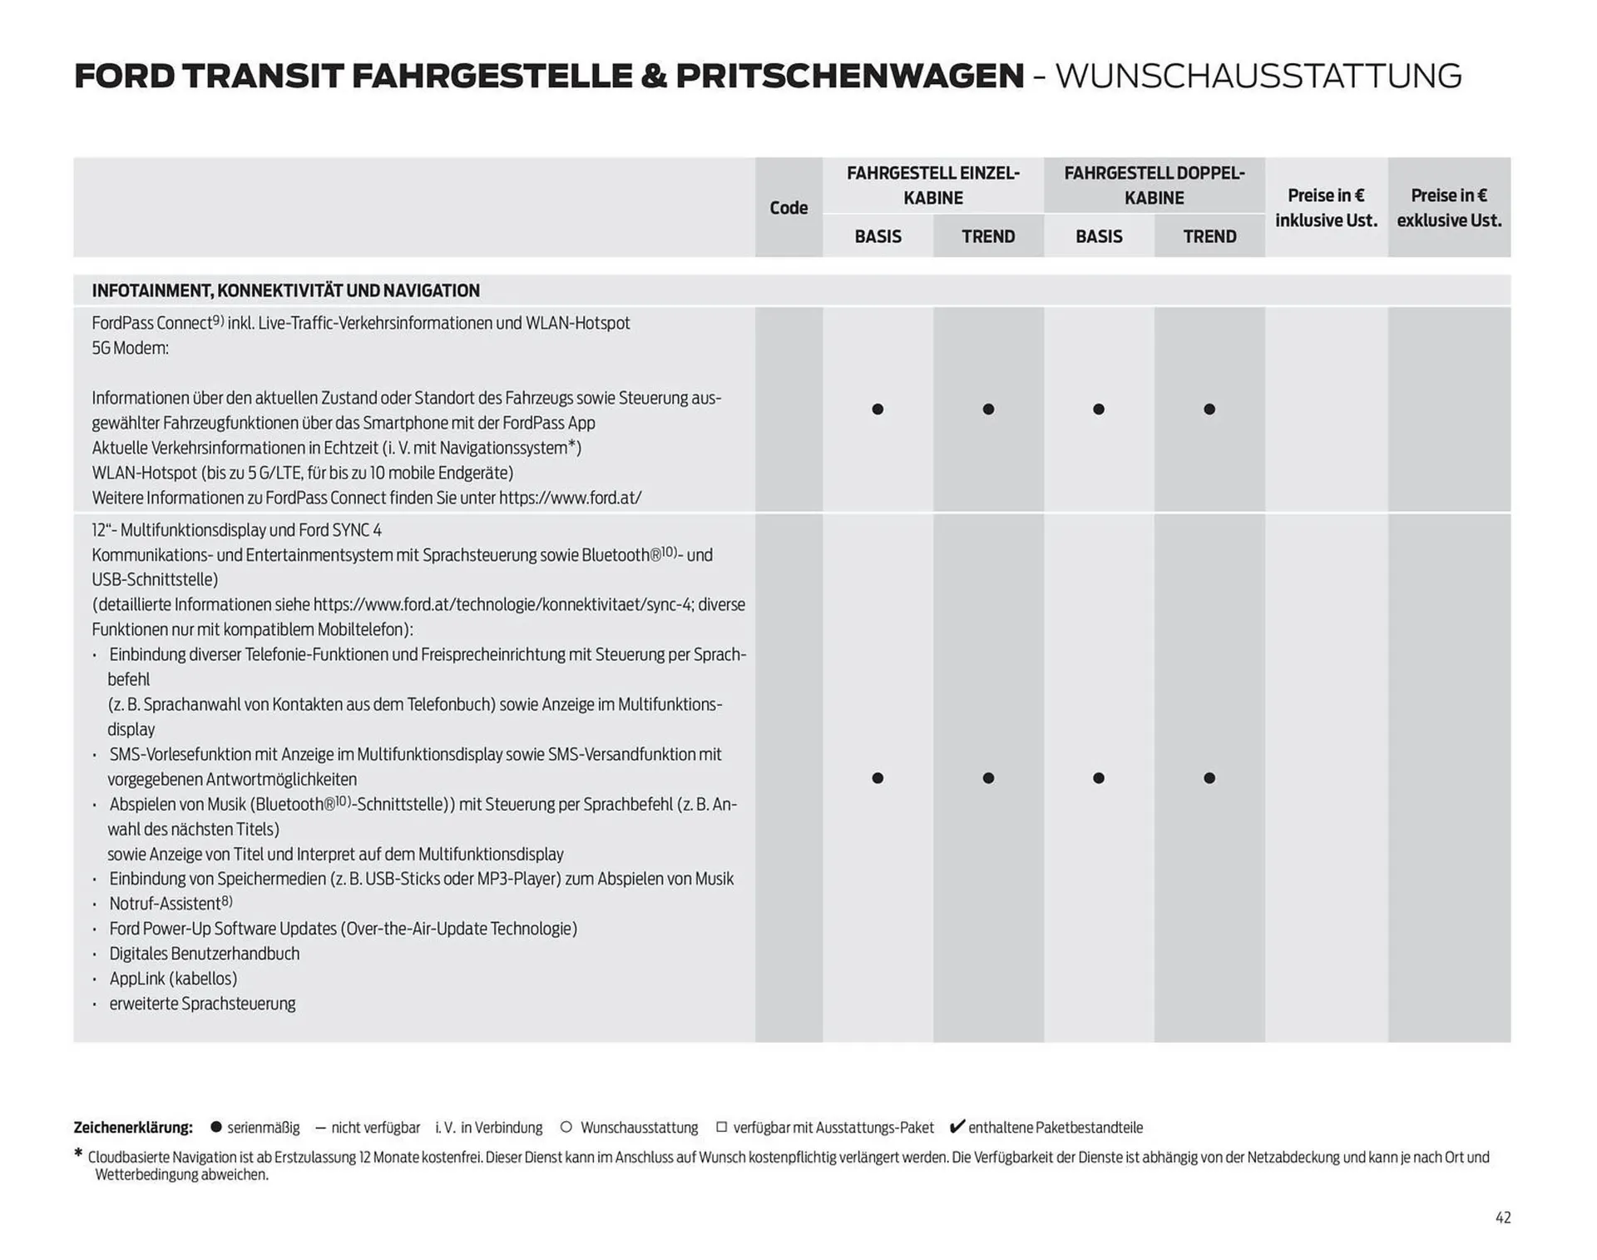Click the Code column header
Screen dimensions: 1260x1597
coord(789,207)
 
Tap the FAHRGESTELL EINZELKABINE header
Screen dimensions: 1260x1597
coord(932,185)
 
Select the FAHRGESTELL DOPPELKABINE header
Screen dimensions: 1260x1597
coord(1154,185)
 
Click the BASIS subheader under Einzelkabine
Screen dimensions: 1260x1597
coord(878,236)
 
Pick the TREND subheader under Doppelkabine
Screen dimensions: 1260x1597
coord(1209,236)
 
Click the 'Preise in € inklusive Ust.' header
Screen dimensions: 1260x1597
coord(1326,207)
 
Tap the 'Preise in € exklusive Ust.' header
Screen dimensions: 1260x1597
coord(1449,207)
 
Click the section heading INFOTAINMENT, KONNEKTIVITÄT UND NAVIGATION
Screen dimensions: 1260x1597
coord(285,290)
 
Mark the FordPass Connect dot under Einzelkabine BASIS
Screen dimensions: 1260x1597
coord(878,409)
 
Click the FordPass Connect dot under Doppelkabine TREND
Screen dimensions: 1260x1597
coord(1209,409)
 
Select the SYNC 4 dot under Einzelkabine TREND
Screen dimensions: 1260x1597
coord(988,778)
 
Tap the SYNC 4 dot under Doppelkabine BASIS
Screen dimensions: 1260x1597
coord(1099,778)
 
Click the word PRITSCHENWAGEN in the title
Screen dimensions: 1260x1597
coord(849,76)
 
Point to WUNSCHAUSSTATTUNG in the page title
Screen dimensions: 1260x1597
coord(1258,76)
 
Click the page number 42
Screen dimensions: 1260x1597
coord(1502,1218)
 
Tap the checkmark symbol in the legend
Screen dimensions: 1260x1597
coord(957,1126)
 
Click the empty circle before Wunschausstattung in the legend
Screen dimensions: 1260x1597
coord(566,1127)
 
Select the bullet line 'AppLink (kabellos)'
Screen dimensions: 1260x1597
coord(173,979)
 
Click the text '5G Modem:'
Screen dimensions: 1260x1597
coord(130,348)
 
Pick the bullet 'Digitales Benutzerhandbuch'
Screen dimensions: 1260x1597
coord(204,954)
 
